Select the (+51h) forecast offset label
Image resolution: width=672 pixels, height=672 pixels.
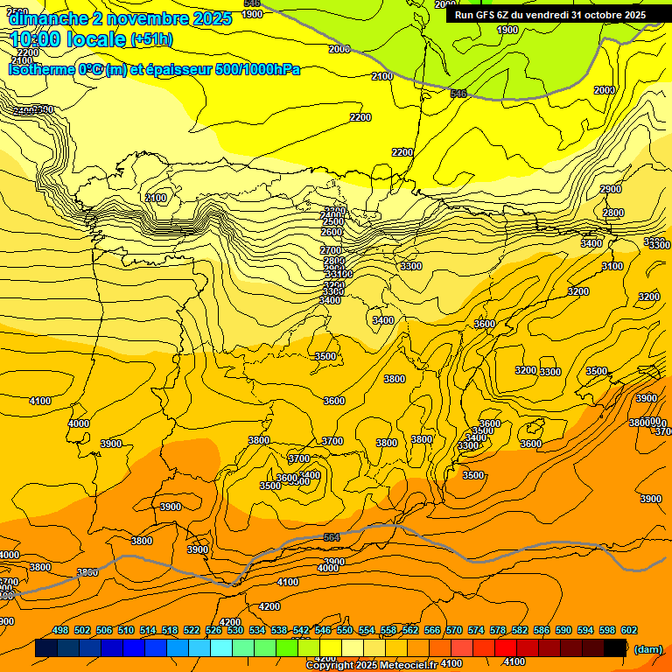coord(152,40)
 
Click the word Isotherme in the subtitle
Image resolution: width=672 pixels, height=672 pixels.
coord(40,69)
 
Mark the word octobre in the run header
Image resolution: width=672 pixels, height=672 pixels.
coord(605,14)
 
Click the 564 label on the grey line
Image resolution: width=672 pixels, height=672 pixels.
coord(332,537)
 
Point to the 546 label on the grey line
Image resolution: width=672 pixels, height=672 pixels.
coord(458,93)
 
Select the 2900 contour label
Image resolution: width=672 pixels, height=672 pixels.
coord(611,189)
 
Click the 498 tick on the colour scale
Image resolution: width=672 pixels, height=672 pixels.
coord(60,630)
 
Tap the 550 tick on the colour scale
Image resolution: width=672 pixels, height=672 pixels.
coord(345,630)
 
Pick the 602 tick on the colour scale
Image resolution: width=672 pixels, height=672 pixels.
coord(629,630)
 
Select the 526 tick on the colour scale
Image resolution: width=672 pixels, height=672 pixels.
coord(213,630)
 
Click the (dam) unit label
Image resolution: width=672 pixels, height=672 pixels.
coord(647,648)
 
